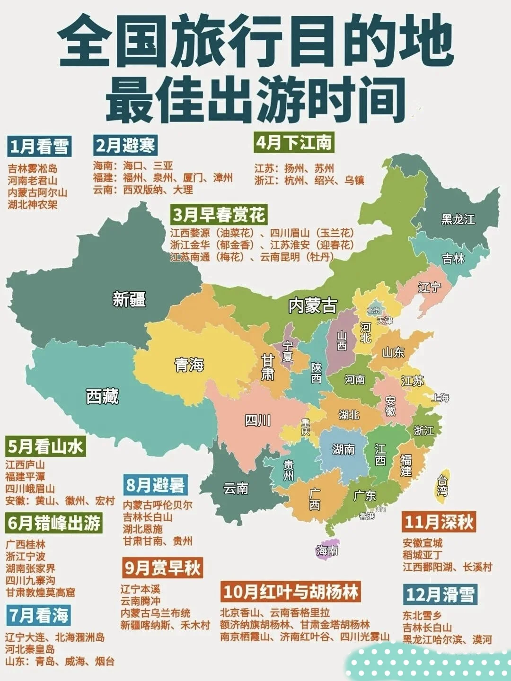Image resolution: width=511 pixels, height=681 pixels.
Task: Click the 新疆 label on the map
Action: click(129, 299)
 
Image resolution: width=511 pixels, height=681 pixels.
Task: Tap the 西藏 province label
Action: click(102, 396)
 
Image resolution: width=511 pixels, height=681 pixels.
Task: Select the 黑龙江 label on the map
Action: click(458, 219)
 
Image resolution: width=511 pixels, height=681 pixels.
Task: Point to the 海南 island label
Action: click(327, 550)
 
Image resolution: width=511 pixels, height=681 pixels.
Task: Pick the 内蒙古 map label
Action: click(313, 306)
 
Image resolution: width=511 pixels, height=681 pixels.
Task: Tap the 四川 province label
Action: click(258, 420)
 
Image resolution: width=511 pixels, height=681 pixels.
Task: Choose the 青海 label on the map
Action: click(189, 365)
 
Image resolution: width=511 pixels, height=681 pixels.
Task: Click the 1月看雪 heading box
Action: click(40, 146)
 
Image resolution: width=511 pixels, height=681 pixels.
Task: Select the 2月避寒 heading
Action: click(125, 145)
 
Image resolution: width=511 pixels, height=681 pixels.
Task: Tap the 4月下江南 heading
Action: click(294, 142)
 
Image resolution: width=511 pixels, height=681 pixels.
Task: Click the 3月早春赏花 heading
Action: click(219, 215)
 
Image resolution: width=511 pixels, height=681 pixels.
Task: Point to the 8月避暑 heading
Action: click(155, 485)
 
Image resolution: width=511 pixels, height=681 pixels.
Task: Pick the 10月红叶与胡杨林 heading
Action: click(291, 592)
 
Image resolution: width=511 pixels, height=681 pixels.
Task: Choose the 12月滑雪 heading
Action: click(440, 594)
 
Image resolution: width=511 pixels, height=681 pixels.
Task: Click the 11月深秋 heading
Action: click(439, 522)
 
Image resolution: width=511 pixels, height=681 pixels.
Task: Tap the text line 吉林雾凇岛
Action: click(33, 168)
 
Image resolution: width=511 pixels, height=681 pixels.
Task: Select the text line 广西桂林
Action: click(26, 544)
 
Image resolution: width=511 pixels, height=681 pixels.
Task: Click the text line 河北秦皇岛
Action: click(30, 649)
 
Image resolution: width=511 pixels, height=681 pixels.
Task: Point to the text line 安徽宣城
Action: click(423, 543)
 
